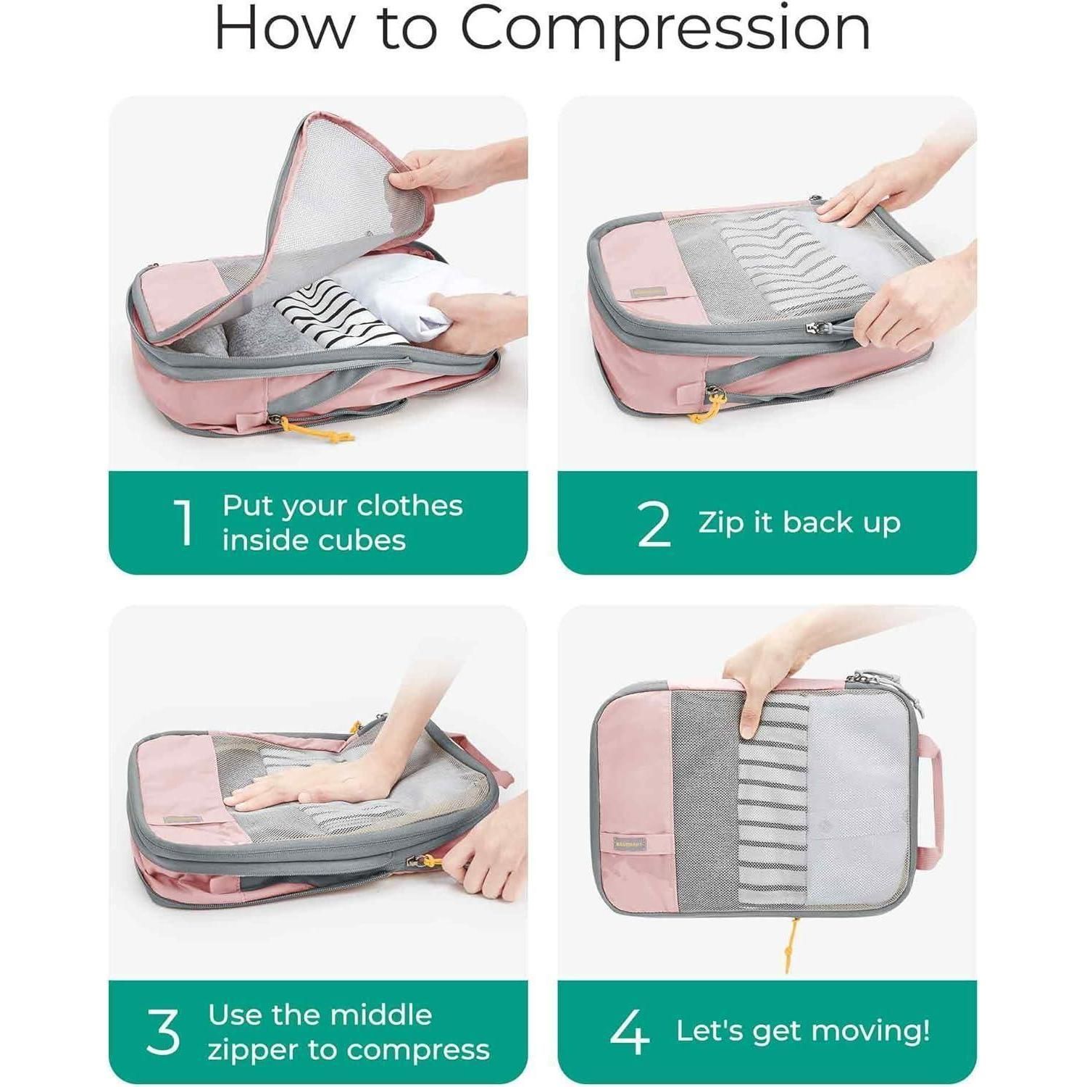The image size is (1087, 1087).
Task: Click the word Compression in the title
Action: pyautogui.click(x=665, y=30)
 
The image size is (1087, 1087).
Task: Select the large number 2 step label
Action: pyautogui.click(x=654, y=522)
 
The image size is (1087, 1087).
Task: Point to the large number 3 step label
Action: pyautogui.click(x=162, y=1032)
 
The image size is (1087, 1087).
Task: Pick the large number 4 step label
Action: pyautogui.click(x=629, y=1032)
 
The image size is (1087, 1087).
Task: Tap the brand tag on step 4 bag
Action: pyautogui.click(x=629, y=844)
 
